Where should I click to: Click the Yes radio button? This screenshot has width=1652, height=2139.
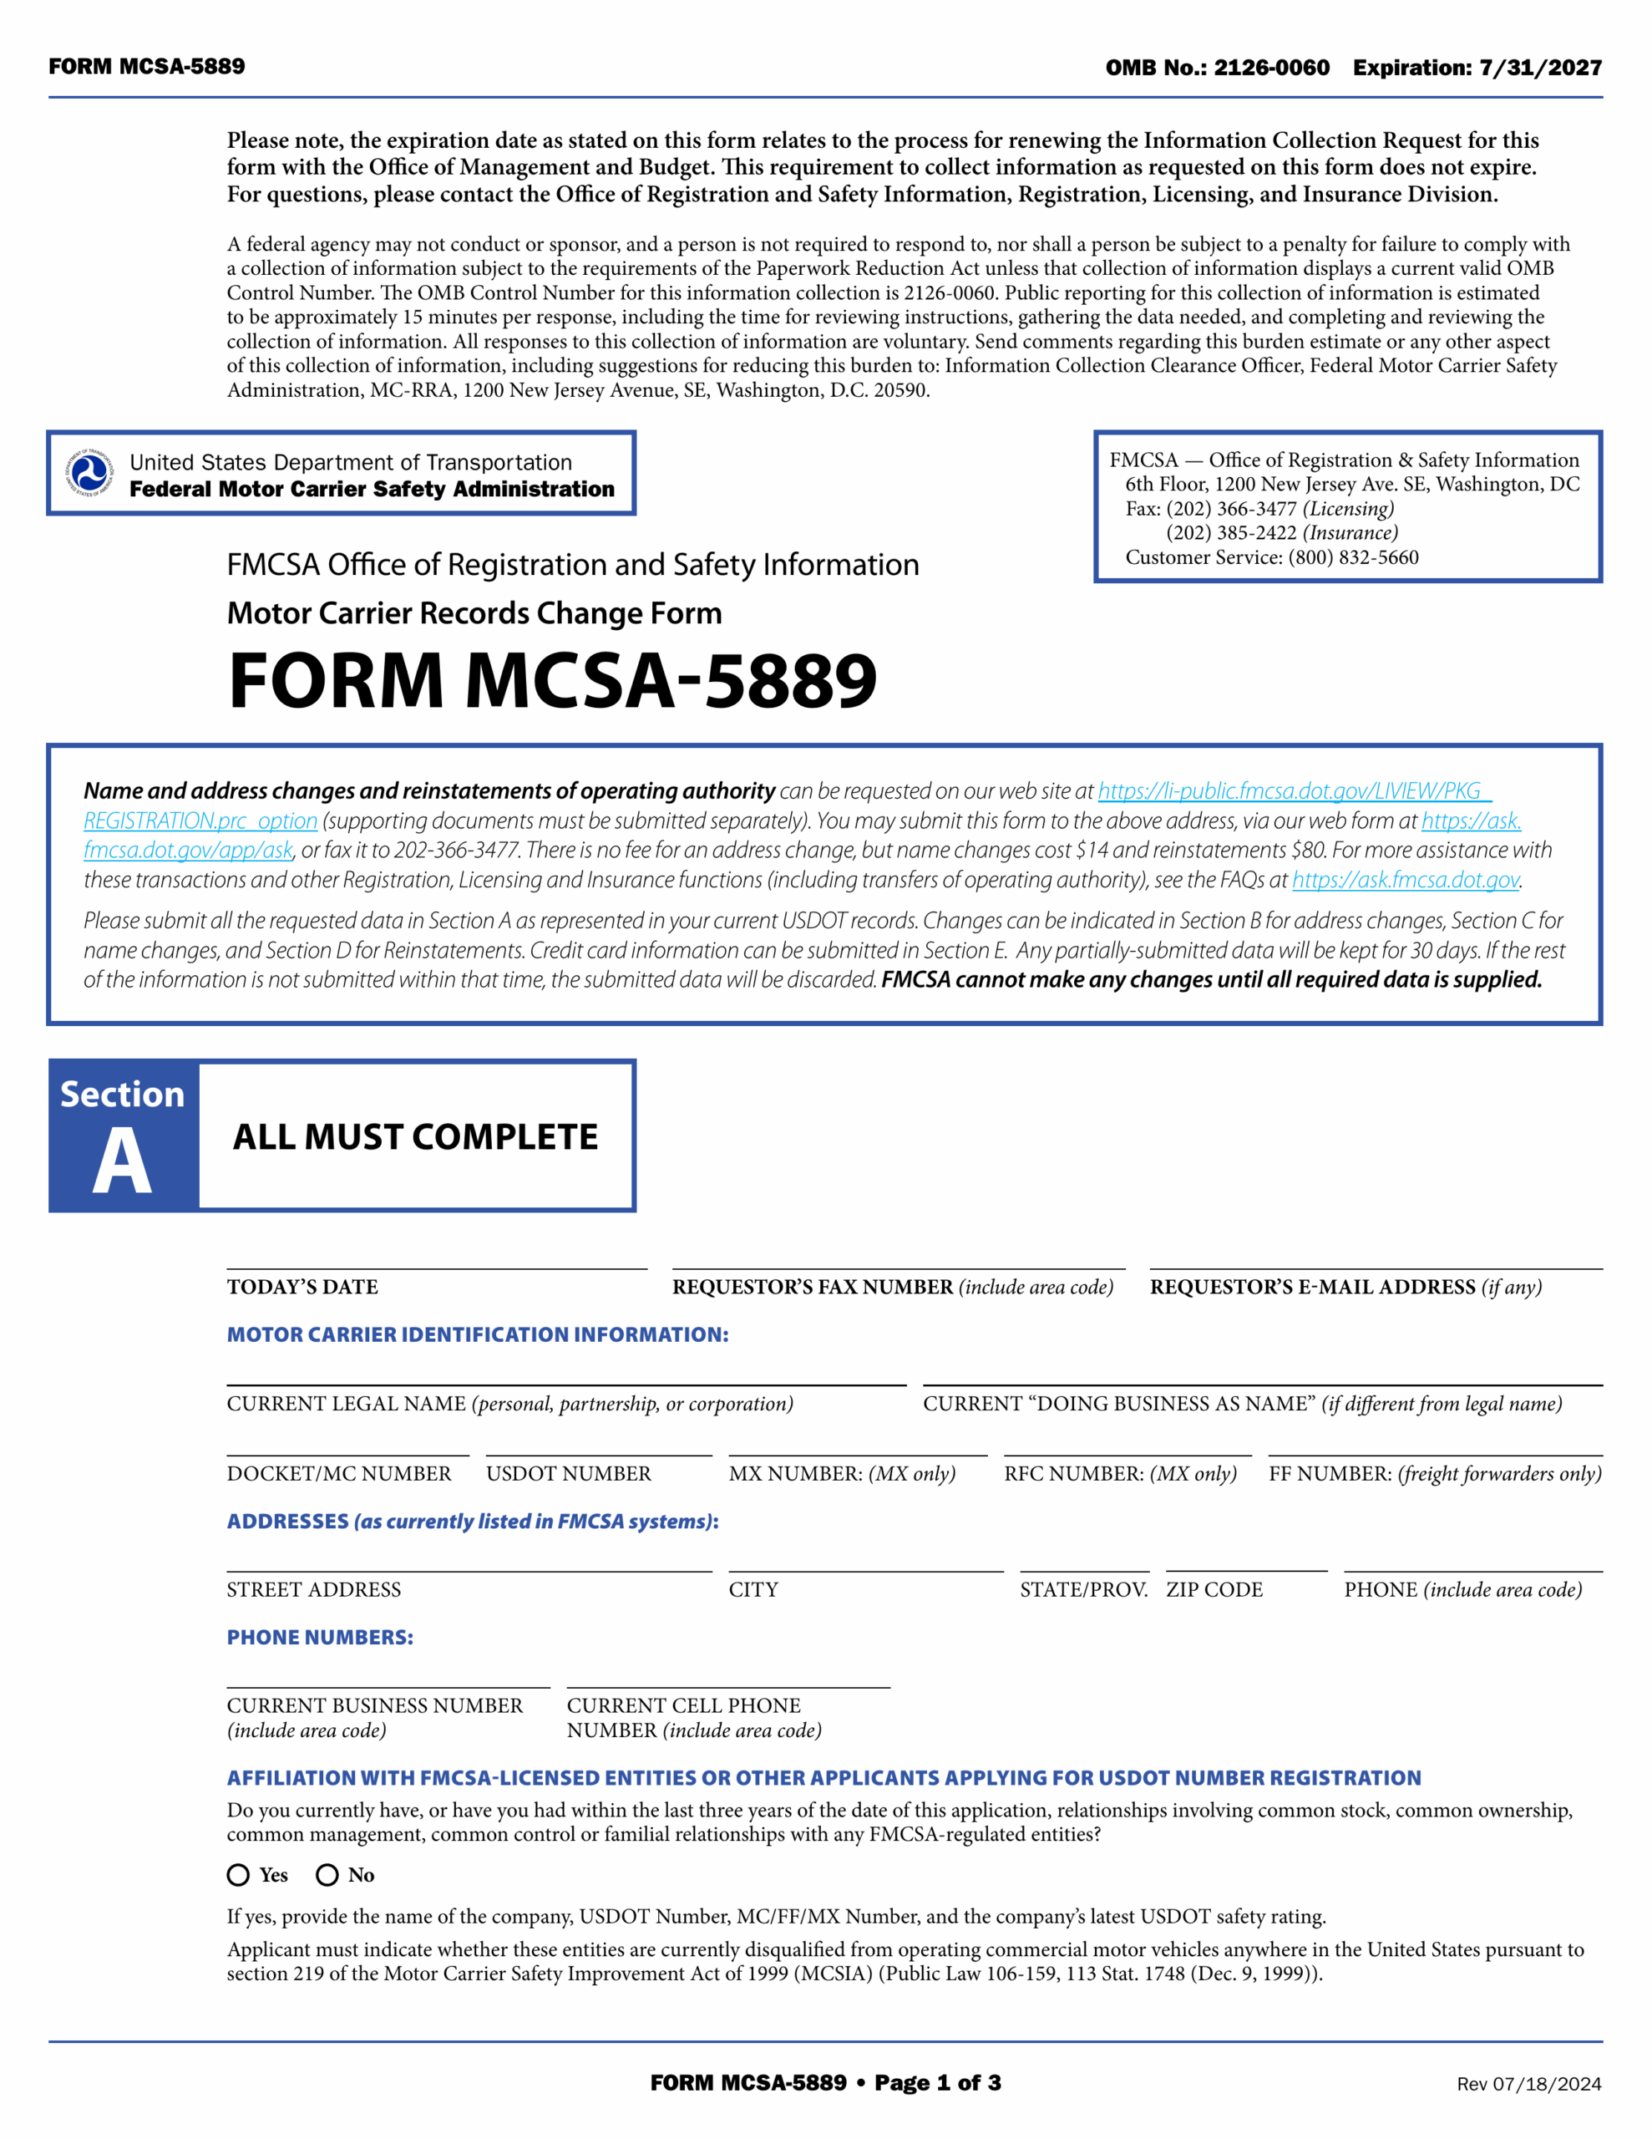point(238,1875)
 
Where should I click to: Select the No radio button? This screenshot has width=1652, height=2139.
point(327,1875)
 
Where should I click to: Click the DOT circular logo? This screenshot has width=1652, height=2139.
point(89,473)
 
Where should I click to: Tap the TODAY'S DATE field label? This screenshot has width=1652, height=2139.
point(302,1287)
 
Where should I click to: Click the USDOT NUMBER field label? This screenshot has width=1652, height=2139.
point(568,1473)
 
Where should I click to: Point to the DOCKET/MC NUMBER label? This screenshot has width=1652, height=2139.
point(339,1473)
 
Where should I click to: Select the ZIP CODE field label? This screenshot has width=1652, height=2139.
point(1214,1589)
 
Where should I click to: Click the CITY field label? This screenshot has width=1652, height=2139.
point(753,1589)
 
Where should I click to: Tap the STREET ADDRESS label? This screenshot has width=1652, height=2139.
point(313,1589)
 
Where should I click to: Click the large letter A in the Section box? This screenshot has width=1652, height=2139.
point(123,1161)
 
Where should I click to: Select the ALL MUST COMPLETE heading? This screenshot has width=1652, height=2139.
point(415,1136)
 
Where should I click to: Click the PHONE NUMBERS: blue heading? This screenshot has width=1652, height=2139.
point(320,1638)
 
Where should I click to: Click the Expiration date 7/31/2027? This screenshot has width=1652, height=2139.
point(1540,68)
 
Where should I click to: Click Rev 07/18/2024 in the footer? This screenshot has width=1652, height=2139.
point(1528,2083)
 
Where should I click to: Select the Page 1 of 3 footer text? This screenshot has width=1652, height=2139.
point(937,2082)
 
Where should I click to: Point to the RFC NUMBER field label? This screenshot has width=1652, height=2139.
point(1120,1473)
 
